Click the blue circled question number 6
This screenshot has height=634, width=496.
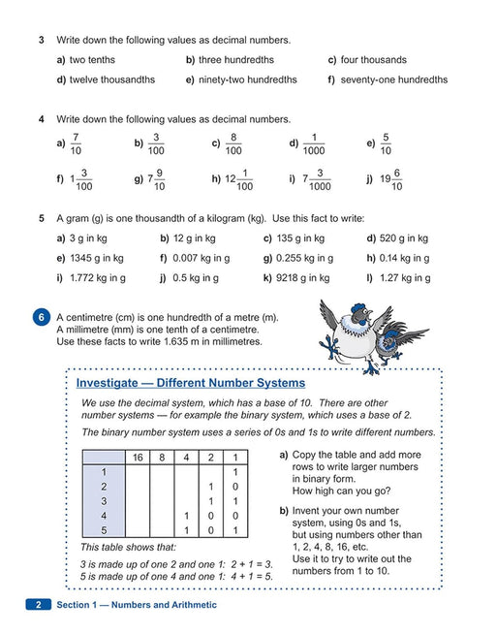pos(41,317)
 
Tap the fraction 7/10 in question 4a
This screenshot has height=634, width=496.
pos(76,143)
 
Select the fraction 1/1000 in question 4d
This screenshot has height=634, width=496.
pos(314,143)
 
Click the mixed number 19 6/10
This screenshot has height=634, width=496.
pos(391,179)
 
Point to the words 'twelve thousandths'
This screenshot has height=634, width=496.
pos(112,79)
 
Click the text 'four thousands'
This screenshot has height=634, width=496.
pos(374,60)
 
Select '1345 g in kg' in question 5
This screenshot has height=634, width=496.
pos(97,259)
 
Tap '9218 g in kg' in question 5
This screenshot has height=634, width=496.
pos(303,278)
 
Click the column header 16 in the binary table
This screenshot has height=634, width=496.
pos(138,458)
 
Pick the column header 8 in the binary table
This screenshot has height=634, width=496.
pos(162,458)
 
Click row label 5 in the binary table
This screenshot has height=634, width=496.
pos(104,530)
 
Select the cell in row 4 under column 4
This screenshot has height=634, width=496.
pos(186,516)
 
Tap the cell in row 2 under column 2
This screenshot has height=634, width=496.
pos(211,487)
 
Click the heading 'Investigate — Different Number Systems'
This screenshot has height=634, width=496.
pos(191,383)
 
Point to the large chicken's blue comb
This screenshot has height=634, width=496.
pos(358,308)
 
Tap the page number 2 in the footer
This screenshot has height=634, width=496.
pos(39,605)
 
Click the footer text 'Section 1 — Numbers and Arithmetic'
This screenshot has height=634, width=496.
pos(137,605)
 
